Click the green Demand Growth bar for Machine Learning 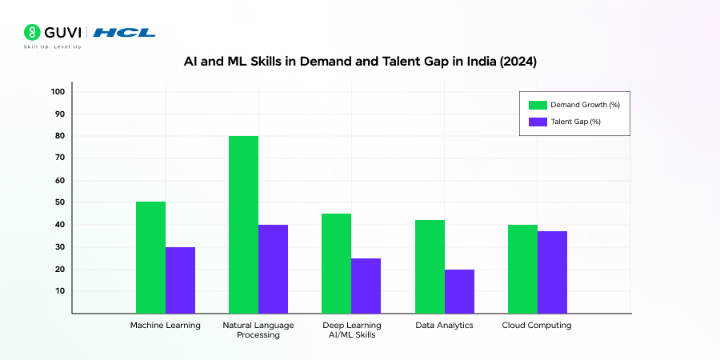click(x=150, y=257)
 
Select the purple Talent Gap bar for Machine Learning click(x=180, y=280)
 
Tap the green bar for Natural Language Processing click(x=243, y=224)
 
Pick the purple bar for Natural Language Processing click(x=273, y=269)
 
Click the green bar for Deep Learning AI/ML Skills click(x=336, y=263)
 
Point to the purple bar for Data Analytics click(x=459, y=291)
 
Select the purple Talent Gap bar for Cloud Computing click(x=552, y=272)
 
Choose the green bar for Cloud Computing click(x=522, y=269)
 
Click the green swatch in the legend click(x=537, y=104)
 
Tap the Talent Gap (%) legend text click(x=576, y=122)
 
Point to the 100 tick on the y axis click(x=57, y=91)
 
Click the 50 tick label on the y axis click(x=59, y=202)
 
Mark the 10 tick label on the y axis click(x=59, y=291)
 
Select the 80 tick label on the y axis click(x=59, y=136)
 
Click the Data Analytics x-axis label click(x=444, y=326)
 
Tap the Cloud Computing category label click(x=537, y=326)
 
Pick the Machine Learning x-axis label click(x=166, y=326)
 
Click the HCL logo click(x=124, y=33)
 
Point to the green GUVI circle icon click(x=32, y=33)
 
